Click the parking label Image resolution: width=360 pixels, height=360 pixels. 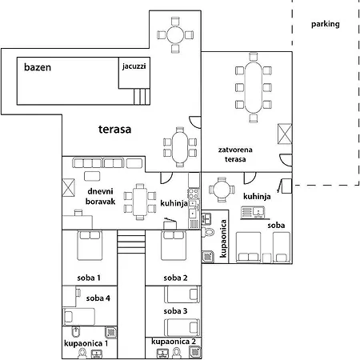pos(325,24)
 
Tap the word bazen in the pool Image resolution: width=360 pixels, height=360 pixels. pos(37,67)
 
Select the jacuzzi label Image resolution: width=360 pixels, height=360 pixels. pos(134,66)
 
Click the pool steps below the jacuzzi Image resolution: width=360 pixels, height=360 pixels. pos(141,96)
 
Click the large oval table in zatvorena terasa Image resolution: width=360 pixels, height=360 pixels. pos(255,87)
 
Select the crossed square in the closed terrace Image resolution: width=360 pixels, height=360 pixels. pos(284,134)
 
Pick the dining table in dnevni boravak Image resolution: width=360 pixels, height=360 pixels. pos(141,200)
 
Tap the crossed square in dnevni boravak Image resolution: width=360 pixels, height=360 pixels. pos(70,188)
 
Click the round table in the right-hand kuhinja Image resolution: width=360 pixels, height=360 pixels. pos(220,190)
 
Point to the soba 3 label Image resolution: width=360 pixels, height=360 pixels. pos(175,310)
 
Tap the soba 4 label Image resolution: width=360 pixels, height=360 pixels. pos(98,298)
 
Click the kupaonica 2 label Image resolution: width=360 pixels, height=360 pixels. pos(174,342)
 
